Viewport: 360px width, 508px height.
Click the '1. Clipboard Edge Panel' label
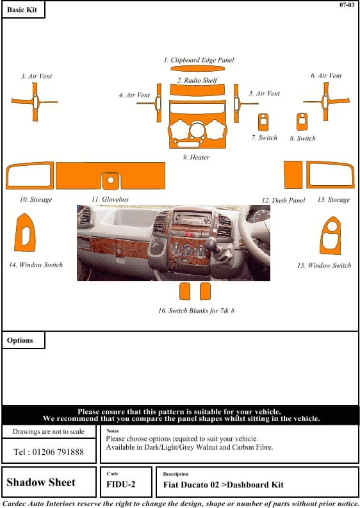199,60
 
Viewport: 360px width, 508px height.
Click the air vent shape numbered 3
33,101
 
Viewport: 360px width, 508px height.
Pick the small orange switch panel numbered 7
263,122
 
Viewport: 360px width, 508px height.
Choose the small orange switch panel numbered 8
302,122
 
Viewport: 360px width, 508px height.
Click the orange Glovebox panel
110,176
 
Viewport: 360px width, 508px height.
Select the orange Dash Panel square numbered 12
293,174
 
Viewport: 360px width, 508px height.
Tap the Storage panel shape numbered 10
29,175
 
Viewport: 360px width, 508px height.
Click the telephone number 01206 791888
49,452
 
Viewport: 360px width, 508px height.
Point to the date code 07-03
347,5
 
